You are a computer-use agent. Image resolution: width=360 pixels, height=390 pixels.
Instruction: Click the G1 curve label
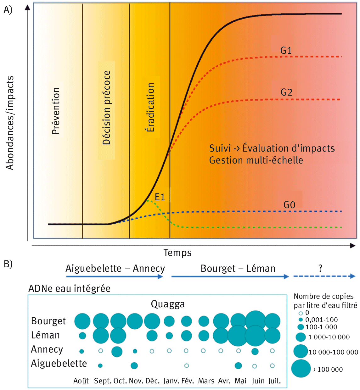[286, 50]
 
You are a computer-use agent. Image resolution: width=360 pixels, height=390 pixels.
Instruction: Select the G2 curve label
[286, 92]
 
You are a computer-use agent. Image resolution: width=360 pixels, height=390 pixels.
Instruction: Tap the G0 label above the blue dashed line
[289, 205]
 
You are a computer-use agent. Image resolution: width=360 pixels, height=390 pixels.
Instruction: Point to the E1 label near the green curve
[160, 197]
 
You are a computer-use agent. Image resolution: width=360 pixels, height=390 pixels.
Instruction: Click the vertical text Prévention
[56, 111]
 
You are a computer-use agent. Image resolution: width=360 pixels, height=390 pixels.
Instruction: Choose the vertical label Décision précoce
[107, 108]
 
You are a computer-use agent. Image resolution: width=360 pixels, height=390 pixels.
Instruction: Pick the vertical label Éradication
[151, 107]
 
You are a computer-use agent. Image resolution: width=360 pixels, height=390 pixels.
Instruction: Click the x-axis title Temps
[177, 253]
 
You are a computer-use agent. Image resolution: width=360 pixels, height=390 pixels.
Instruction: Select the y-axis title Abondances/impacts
[10, 123]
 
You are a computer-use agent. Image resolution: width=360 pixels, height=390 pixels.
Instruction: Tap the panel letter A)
[8, 10]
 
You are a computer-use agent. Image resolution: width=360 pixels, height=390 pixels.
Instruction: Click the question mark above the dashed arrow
[320, 268]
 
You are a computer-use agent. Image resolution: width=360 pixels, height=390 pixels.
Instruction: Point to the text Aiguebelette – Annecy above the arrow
[115, 268]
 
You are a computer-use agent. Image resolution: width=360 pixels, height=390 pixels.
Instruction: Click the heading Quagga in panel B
[168, 304]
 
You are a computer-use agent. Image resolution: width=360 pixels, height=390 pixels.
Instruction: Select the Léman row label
[45, 335]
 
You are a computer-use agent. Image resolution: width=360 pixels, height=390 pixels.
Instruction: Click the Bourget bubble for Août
[82, 321]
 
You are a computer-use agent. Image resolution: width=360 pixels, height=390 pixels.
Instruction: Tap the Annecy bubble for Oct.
[117, 351]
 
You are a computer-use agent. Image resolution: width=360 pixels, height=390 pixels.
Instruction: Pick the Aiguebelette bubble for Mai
[238, 365]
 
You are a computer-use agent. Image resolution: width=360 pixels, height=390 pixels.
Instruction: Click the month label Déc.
[153, 381]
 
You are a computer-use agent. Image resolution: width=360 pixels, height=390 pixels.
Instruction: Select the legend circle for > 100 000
[301, 369]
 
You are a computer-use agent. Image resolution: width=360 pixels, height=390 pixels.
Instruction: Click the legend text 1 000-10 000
[329, 337]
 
